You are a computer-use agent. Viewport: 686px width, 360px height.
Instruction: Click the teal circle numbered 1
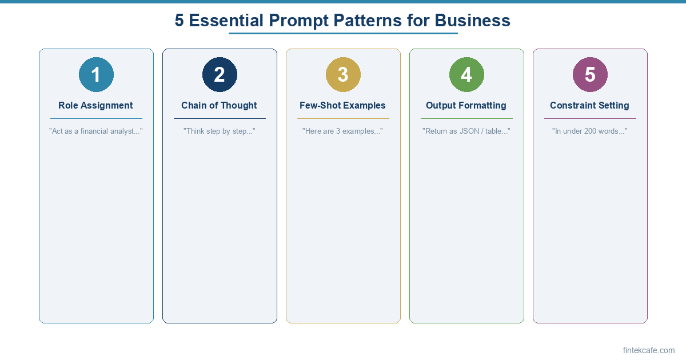click(96, 74)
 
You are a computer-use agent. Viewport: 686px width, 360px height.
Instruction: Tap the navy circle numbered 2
click(220, 74)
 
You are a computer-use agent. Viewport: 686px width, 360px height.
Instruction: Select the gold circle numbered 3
click(343, 74)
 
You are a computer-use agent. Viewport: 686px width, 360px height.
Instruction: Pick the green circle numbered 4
click(466, 74)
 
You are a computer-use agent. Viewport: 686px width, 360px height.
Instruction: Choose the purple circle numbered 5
click(590, 74)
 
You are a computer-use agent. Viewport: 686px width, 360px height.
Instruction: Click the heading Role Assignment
click(95, 105)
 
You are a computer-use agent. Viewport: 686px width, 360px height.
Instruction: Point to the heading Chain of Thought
click(219, 105)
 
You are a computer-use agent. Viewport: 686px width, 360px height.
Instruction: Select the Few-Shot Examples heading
click(342, 105)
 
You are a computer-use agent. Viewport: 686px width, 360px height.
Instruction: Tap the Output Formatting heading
click(466, 105)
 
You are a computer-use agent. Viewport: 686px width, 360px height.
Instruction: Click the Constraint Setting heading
click(589, 105)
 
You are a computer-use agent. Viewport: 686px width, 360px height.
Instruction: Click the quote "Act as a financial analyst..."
click(95, 131)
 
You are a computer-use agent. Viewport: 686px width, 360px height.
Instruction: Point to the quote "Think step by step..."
click(219, 131)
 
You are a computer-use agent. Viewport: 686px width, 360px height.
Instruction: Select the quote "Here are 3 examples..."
click(342, 131)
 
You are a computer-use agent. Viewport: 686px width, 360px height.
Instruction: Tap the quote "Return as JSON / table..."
click(466, 131)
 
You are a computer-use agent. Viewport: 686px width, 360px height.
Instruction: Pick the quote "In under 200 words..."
click(589, 131)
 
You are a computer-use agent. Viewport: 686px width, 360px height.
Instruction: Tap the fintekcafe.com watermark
click(649, 350)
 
